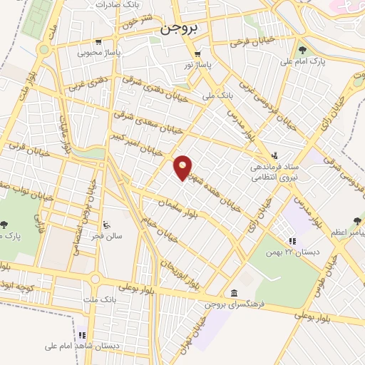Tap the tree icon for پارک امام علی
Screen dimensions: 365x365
click(x=302, y=50)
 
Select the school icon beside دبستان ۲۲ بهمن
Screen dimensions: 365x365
click(x=292, y=242)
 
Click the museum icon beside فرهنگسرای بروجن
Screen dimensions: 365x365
click(x=235, y=293)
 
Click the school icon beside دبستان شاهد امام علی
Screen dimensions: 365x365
click(x=81, y=334)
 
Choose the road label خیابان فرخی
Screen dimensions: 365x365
click(x=250, y=42)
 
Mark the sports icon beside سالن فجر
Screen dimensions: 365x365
click(x=107, y=222)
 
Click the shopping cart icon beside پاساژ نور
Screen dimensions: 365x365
click(x=197, y=54)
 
